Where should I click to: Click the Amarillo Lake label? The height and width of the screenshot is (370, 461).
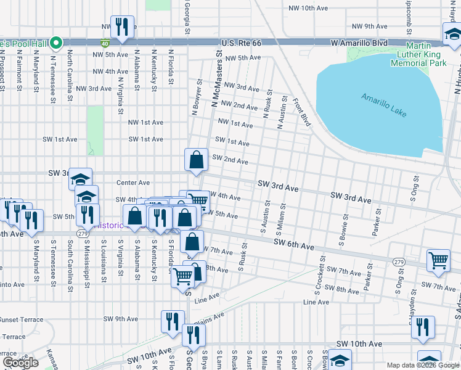(381, 103)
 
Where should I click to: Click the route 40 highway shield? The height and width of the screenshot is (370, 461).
(105, 43)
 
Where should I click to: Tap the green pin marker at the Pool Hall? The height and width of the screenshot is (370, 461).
(56, 43)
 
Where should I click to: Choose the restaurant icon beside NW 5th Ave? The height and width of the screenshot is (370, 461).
(122, 27)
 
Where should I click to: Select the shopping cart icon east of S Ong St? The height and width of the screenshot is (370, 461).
(438, 260)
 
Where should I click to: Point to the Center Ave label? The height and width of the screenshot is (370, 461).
(133, 183)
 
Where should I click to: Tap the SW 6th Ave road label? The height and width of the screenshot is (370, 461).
(294, 247)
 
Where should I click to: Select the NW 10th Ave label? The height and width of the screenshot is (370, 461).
(309, 9)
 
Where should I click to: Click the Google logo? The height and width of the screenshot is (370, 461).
(20, 362)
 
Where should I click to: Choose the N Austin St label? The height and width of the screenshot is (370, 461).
(280, 113)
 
